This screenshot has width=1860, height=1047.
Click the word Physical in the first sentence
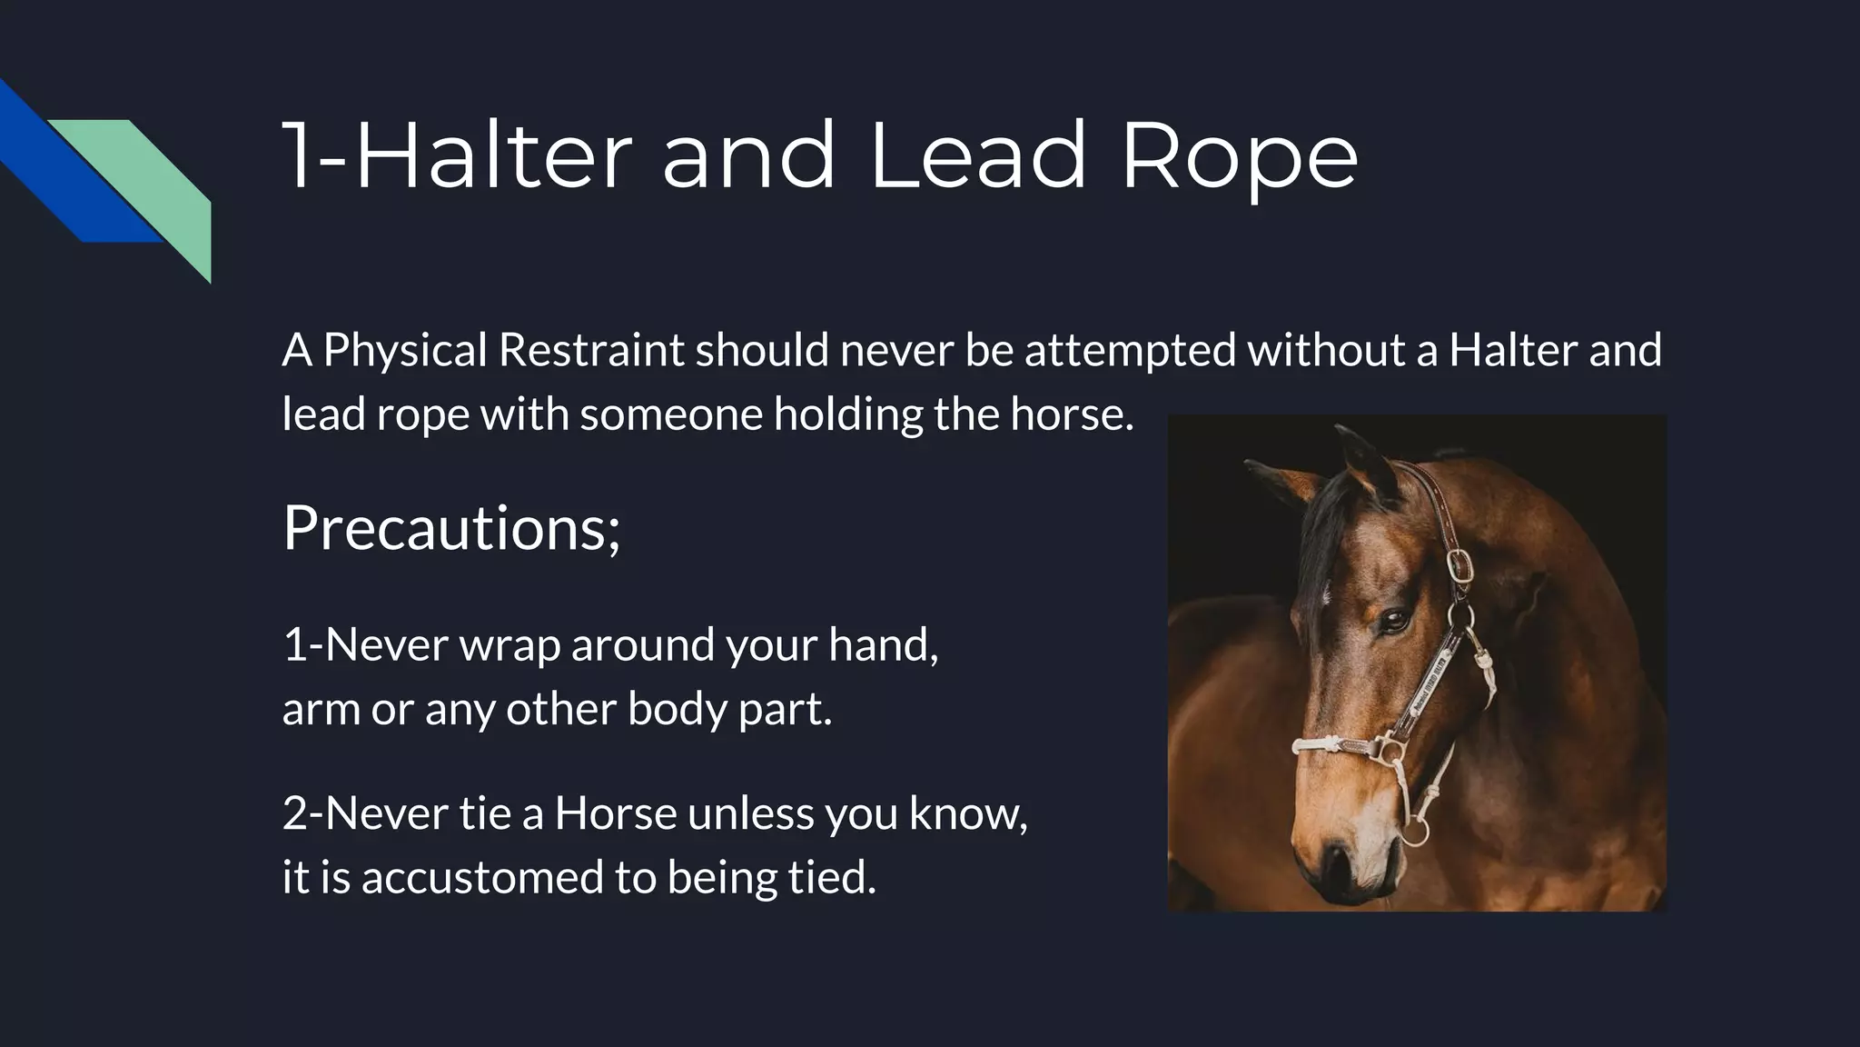405,350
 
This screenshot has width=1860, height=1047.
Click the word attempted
1131,350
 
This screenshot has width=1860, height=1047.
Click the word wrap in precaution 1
510,644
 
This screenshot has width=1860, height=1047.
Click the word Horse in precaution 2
615,813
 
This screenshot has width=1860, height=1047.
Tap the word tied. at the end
832,877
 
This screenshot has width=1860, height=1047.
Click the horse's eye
1394,622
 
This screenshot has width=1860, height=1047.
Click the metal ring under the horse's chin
1413,833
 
